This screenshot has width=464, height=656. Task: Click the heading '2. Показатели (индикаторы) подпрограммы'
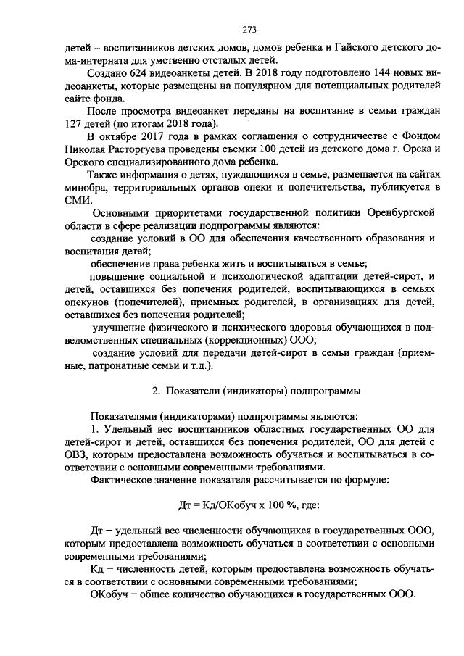pos(256,391)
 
